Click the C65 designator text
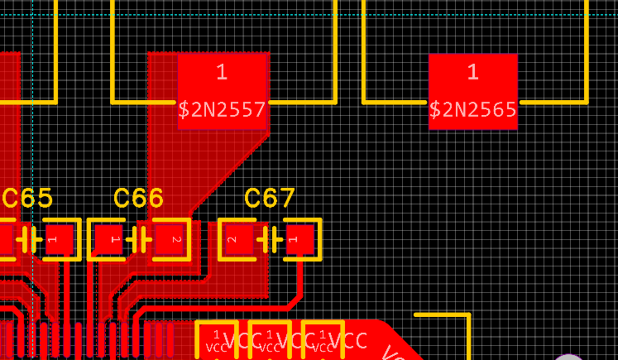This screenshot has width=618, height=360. coord(27,199)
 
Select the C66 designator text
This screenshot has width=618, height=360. coord(138,199)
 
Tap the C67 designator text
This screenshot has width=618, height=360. coord(270,199)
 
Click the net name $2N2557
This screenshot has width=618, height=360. coord(222,109)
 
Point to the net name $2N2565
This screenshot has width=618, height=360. coord(472,109)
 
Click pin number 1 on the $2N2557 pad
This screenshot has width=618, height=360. coord(222,72)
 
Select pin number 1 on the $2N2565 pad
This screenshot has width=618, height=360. coord(472,72)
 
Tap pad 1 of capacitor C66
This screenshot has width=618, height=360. coord(108,240)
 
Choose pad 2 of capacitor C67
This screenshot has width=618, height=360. coord(239,240)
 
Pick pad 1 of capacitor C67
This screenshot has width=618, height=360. coord(299,240)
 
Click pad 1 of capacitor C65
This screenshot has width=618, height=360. coord(59,240)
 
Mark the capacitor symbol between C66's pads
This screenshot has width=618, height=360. coord(139,240)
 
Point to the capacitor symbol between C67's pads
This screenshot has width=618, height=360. coord(270,240)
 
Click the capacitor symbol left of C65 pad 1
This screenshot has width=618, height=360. coord(27,240)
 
